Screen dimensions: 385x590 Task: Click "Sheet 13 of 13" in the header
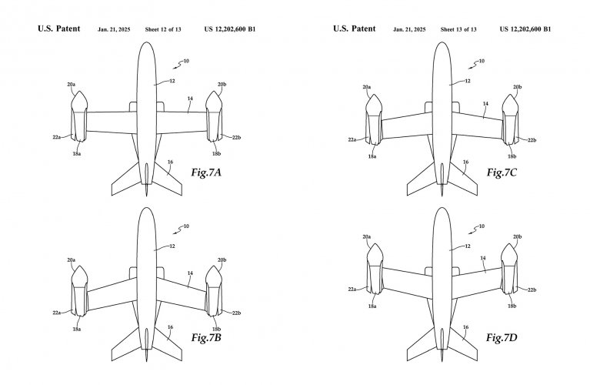[458, 29]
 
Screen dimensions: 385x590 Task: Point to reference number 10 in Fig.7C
[481, 61]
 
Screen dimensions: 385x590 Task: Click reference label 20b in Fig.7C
[517, 87]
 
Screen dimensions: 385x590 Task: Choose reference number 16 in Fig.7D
[465, 326]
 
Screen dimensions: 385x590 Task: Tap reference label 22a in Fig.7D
[352, 290]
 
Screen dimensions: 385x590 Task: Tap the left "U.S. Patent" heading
[59, 29]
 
